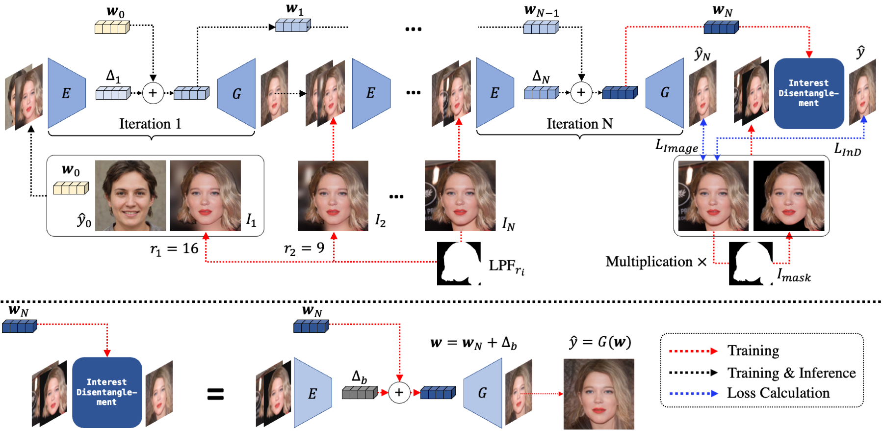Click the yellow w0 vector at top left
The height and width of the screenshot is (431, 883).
tap(112, 27)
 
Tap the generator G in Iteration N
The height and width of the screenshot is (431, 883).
tap(665, 93)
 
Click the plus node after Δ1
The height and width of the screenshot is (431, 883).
tap(153, 93)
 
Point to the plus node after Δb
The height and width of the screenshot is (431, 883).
tap(399, 393)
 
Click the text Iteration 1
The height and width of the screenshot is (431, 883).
tap(150, 124)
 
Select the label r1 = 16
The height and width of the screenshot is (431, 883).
tap(174, 249)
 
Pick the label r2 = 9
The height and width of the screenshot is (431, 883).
tap(304, 248)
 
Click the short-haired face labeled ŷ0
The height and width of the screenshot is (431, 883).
tap(130, 195)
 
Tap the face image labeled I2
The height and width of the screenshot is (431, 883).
tap(333, 195)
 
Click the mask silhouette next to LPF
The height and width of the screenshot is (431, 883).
tap(458, 264)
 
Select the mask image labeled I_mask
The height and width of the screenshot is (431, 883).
tap(751, 264)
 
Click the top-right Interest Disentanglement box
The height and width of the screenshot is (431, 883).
tap(808, 93)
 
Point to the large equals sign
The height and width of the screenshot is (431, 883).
tap(215, 394)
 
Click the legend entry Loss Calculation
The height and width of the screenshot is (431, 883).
tap(778, 393)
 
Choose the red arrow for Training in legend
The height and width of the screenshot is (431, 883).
tap(693, 351)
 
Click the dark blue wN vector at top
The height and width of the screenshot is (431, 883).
tap(721, 27)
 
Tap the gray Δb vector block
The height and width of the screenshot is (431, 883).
tap(360, 393)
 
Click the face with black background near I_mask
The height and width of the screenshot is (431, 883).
tap(788, 195)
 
